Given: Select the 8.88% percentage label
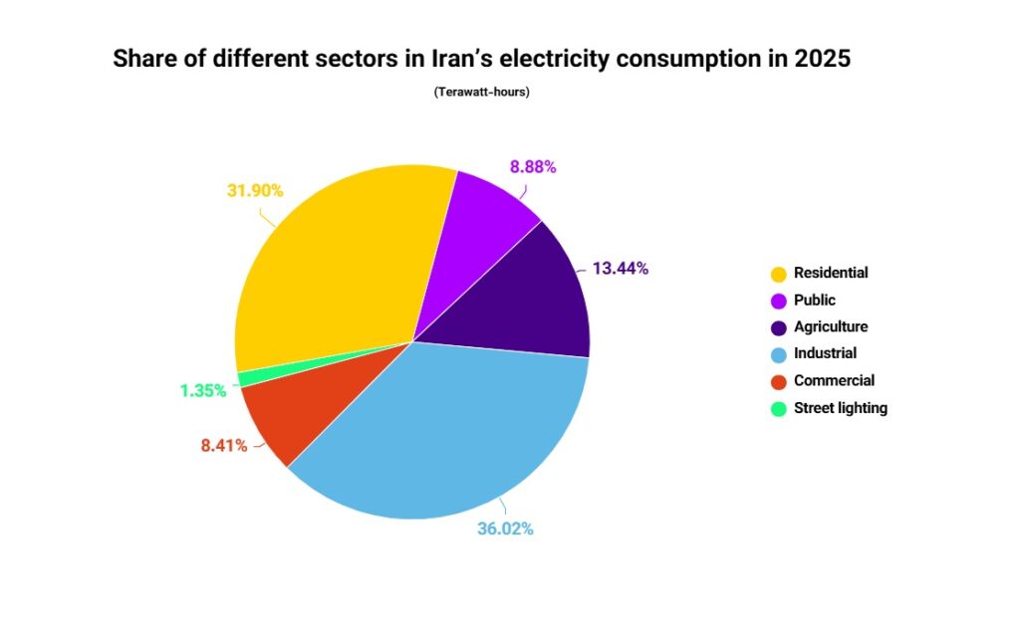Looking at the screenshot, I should click(x=533, y=167).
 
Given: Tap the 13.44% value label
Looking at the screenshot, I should click(x=620, y=268).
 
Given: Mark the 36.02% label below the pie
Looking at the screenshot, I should click(x=505, y=529).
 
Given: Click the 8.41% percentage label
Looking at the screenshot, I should click(x=223, y=446).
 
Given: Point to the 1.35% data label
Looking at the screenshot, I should click(x=203, y=391).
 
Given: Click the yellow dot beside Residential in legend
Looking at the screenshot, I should click(x=778, y=274).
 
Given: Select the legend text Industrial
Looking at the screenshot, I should click(x=825, y=353).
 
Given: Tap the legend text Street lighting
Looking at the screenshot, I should click(x=840, y=407).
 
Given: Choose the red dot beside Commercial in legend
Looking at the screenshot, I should click(x=778, y=381).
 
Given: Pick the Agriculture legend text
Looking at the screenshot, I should click(x=831, y=326).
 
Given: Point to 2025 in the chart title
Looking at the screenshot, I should click(x=823, y=59).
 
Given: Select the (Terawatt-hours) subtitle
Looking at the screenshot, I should click(x=481, y=93).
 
